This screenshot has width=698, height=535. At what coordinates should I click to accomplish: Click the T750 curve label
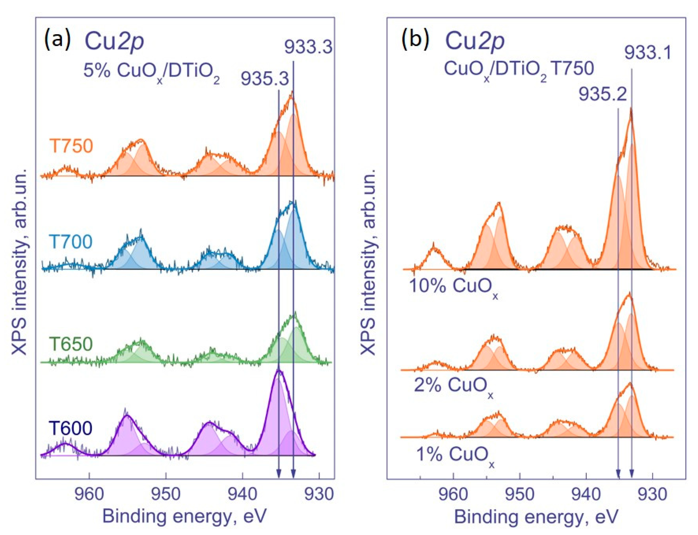(x=71, y=146)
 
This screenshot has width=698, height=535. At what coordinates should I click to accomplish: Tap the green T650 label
(x=71, y=344)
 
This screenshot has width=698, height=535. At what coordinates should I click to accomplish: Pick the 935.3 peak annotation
(x=265, y=79)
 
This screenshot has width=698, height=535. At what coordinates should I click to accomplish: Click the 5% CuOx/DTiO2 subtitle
(x=151, y=72)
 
